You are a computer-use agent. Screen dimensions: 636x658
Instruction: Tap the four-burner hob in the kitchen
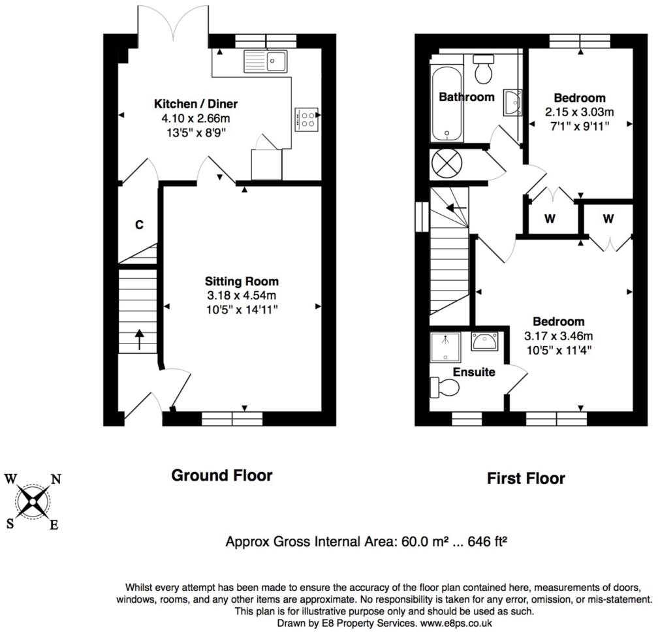click(x=307, y=118)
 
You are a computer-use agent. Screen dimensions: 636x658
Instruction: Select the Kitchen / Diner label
click(x=196, y=104)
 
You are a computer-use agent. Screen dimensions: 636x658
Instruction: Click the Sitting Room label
click(x=242, y=281)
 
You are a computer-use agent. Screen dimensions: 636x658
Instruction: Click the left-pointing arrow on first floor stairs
click(x=457, y=208)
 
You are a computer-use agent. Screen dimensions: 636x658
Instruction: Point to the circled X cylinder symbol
click(x=447, y=163)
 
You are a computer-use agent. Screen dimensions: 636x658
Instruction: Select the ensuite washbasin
click(x=484, y=340)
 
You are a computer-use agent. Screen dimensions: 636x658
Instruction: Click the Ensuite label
click(x=475, y=372)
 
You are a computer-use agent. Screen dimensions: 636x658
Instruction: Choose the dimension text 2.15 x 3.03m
click(x=580, y=112)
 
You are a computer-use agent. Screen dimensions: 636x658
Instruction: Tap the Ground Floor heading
click(x=221, y=475)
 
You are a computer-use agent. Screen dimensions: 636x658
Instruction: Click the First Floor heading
click(x=525, y=479)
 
